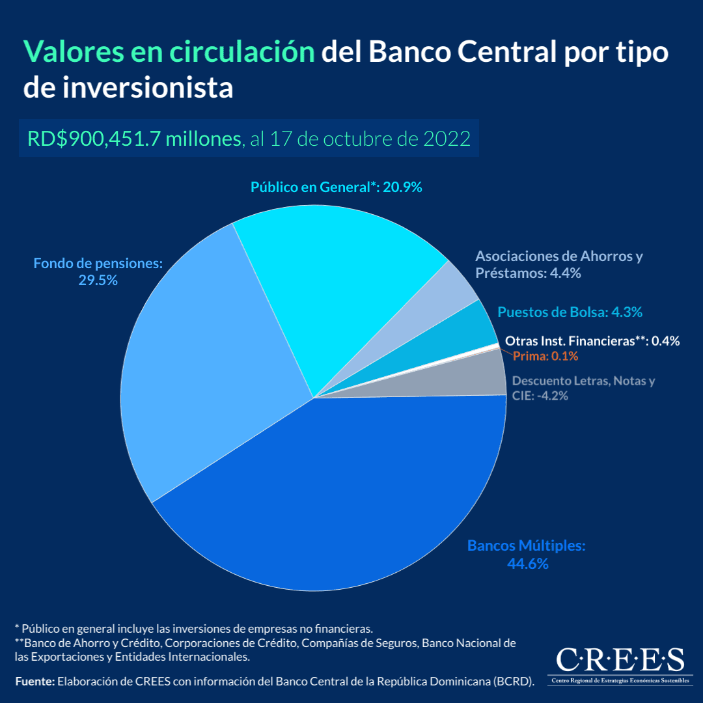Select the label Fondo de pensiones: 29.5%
[x=98, y=272]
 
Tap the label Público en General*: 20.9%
[x=337, y=187]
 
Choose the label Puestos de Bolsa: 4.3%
[x=570, y=312]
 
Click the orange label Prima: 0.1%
[x=545, y=356]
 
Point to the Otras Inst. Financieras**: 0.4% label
[x=592, y=340]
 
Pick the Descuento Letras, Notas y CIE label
[x=583, y=388]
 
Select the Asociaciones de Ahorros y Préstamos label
[x=558, y=264]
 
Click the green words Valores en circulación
[x=169, y=51]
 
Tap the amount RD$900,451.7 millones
[x=133, y=139]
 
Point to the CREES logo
[x=620, y=663]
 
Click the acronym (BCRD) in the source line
[x=514, y=682]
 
